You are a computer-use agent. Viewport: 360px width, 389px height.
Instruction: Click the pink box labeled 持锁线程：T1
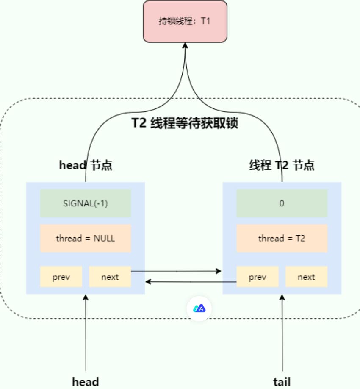[x=185, y=21]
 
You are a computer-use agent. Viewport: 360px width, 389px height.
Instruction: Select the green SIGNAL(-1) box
[x=86, y=203]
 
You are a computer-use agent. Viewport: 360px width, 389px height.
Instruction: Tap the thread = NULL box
[x=86, y=238]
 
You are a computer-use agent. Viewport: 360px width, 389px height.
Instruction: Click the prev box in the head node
[x=61, y=277]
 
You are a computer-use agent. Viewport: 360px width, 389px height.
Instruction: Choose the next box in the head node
[x=110, y=277]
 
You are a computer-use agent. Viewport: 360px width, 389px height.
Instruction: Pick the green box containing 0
[x=282, y=203]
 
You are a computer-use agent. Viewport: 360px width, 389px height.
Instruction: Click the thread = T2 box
[x=282, y=238]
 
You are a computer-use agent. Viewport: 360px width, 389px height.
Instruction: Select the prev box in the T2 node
[x=258, y=277]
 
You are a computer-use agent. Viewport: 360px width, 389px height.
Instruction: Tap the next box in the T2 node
[x=306, y=277]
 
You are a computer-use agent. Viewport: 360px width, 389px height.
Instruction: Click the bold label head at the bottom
[x=86, y=381]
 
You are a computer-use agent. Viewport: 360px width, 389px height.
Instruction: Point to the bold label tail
[x=282, y=381]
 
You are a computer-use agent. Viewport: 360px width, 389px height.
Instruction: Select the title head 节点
[x=86, y=165]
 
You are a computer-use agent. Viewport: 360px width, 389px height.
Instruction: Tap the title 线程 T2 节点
[x=282, y=165]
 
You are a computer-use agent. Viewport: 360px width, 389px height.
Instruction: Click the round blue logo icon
[x=199, y=308]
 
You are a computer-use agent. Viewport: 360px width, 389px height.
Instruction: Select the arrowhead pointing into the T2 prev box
[x=219, y=271]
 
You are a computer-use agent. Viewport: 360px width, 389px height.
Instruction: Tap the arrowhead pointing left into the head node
[x=148, y=281]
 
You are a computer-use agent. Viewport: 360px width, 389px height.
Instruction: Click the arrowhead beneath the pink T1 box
[x=185, y=46]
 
